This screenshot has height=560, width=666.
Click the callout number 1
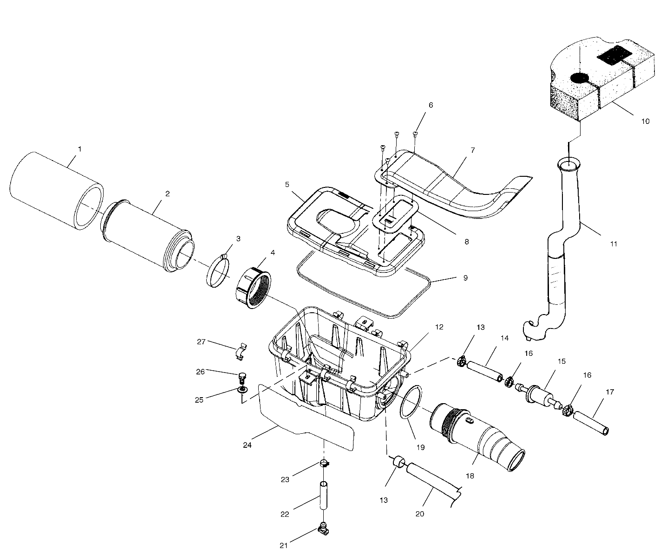79,149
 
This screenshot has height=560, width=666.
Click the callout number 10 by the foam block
645,122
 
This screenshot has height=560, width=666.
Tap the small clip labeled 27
239,351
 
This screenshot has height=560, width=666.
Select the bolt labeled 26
242,376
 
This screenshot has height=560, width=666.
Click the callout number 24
247,444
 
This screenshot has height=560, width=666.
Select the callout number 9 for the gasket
465,278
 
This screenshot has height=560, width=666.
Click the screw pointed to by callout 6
415,134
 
